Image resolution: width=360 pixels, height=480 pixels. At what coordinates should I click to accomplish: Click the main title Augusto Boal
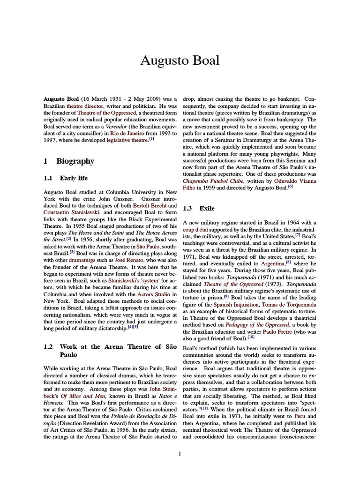180,60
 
